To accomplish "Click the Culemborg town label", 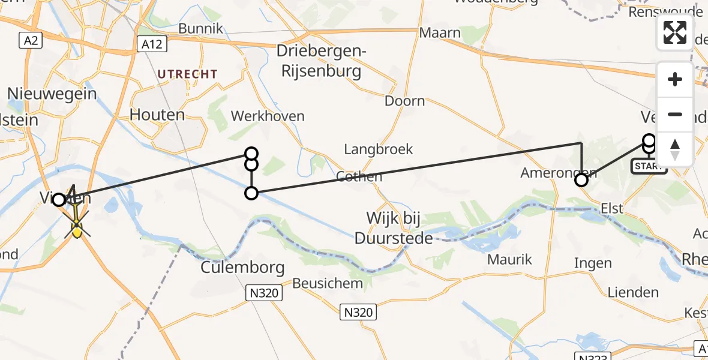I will tap(242, 266).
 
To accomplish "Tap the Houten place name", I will tap(157, 114).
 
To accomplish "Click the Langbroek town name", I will tap(378, 149).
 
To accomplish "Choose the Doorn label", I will tap(404, 101).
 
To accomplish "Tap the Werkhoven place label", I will tap(267, 116).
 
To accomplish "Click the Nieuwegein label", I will tap(52, 93).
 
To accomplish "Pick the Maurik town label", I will tap(509, 260).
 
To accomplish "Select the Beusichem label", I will tap(328, 283).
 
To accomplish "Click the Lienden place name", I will tap(633, 293).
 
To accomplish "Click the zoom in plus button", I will tap(675, 79).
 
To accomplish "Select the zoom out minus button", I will tap(675, 114).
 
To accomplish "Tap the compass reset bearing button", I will tap(675, 149).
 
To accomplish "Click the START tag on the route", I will tap(649, 166).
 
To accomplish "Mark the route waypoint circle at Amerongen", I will tap(581, 179).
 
